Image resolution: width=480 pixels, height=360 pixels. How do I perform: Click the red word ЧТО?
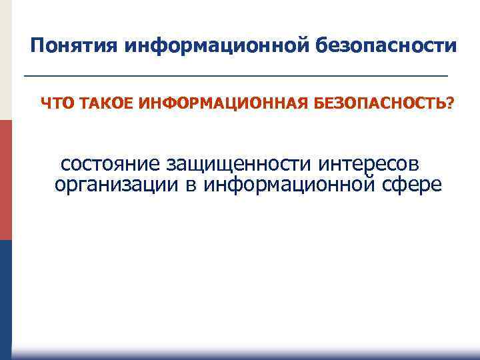tap(55, 103)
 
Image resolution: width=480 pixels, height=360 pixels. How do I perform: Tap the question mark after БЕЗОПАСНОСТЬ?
tap(451, 103)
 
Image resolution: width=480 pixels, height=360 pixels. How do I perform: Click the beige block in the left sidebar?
tap(5, 60)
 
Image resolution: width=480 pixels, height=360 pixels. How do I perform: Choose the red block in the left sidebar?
tap(5, 180)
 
